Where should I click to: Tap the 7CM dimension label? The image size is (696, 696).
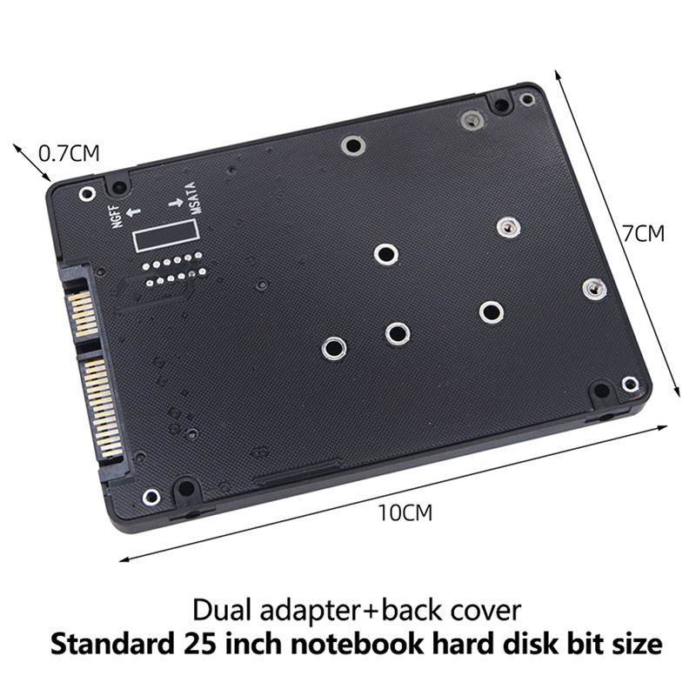(x=643, y=234)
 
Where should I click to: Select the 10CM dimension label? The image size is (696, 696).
(x=405, y=512)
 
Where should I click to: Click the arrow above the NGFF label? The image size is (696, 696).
(x=133, y=211)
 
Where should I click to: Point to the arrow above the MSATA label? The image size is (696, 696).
(x=176, y=204)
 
